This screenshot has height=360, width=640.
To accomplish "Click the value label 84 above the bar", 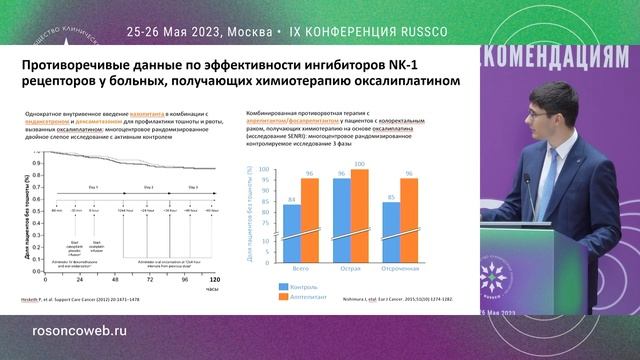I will coord(292,200).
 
